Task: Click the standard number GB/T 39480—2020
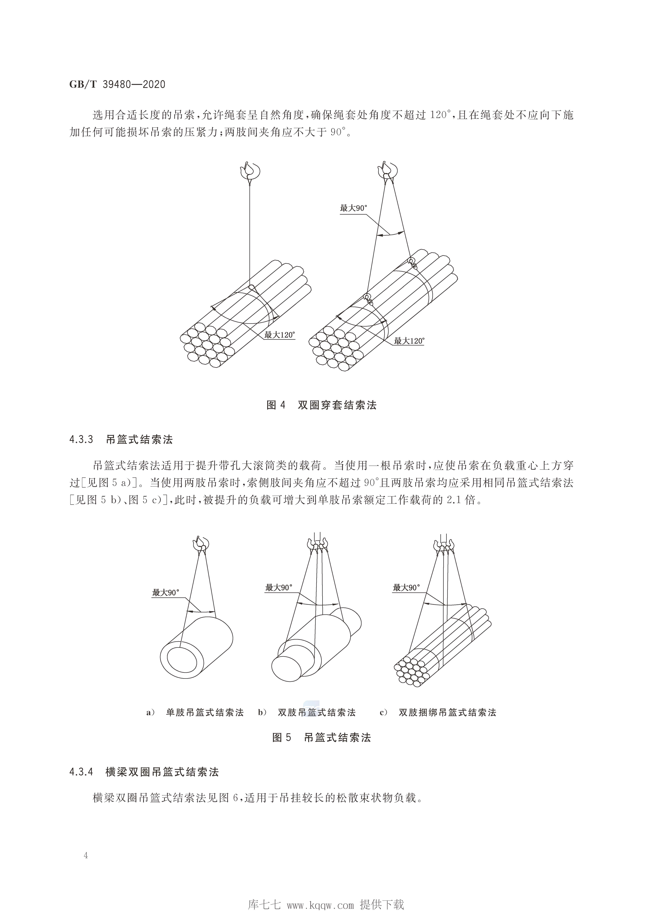[117, 85]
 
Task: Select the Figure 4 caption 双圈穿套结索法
[337, 405]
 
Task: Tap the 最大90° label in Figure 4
[354, 208]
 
